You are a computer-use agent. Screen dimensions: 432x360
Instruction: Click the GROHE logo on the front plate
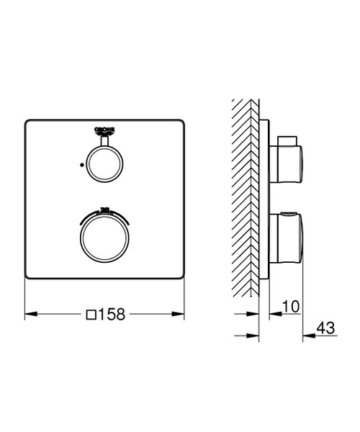click(105, 130)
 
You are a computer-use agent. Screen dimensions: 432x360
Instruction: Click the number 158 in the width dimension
click(112, 314)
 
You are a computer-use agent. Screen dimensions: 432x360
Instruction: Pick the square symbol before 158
click(91, 315)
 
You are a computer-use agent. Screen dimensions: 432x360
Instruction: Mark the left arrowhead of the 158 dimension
click(30, 314)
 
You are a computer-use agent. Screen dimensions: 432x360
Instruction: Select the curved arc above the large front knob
click(105, 211)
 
